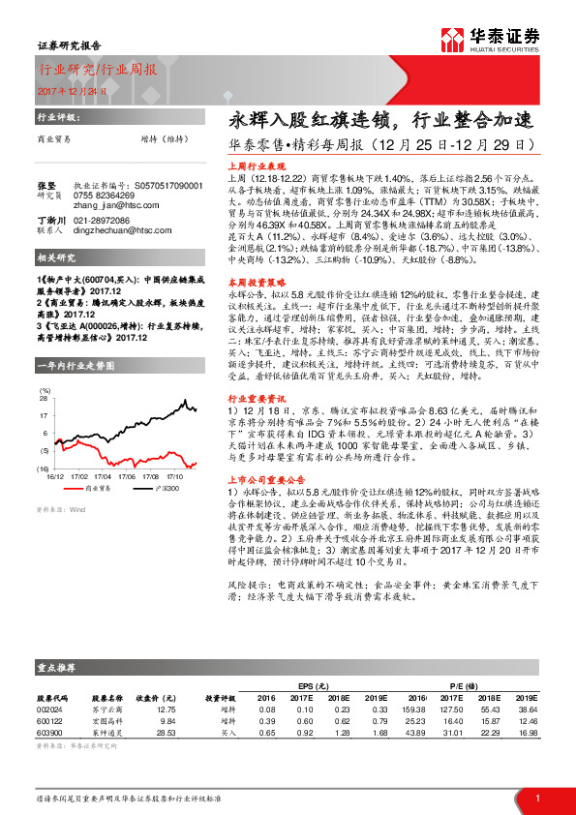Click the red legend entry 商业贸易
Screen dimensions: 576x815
click(x=98, y=490)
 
